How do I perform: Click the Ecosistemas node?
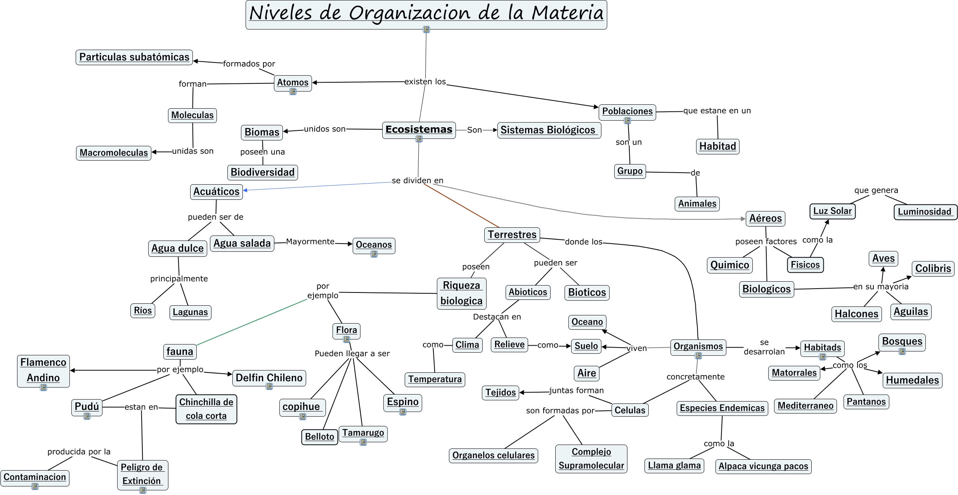pos(419,130)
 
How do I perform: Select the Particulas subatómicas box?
pos(134,57)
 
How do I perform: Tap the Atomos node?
pos(293,82)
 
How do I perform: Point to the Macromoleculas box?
pos(114,153)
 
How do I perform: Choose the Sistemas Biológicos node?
pos(549,130)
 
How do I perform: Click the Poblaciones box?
pos(627,111)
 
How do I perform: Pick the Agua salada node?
pos(242,243)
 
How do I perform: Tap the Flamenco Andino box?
pos(43,370)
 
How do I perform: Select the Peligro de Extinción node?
pos(142,474)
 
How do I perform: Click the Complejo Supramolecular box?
pos(591,459)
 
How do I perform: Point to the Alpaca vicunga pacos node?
pos(763,466)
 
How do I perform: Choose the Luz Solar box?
pos(832,211)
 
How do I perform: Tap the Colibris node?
pos(933,268)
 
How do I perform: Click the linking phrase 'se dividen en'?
pos(418,180)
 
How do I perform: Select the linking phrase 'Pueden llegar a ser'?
pos(352,353)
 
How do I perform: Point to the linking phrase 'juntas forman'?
pos(576,390)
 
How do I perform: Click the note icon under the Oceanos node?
pos(374,254)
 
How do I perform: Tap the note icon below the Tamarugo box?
pos(363,442)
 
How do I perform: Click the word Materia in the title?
pos(567,13)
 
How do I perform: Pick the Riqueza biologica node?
pos(461,293)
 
